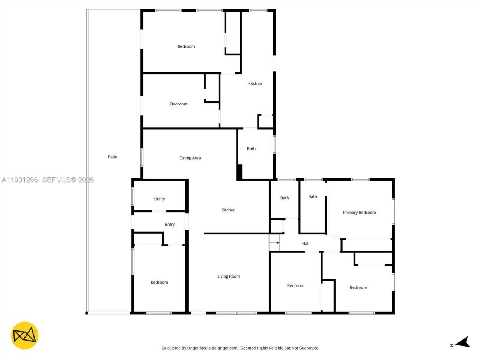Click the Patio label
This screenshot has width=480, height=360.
(112, 157)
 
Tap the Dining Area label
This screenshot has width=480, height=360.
(190, 158)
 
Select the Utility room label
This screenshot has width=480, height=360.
(159, 199)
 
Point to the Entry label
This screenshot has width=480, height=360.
(170, 224)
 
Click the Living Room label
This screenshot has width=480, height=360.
(229, 276)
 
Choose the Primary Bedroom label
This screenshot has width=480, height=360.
(359, 213)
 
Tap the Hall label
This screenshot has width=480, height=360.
(306, 243)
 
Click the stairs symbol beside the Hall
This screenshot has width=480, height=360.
(274, 243)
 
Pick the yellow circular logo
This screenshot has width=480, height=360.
(25, 335)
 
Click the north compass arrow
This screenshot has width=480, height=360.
(464, 342)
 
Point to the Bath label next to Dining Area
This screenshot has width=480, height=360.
(251, 149)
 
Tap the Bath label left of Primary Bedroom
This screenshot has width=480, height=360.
(313, 196)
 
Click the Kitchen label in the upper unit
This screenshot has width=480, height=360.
(255, 83)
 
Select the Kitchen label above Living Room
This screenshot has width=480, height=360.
(228, 210)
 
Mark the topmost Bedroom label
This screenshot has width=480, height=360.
(186, 46)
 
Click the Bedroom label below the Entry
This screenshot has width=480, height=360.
(159, 282)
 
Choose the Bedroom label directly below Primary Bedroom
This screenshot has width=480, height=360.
(358, 287)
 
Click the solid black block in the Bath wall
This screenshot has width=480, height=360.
(240, 172)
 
